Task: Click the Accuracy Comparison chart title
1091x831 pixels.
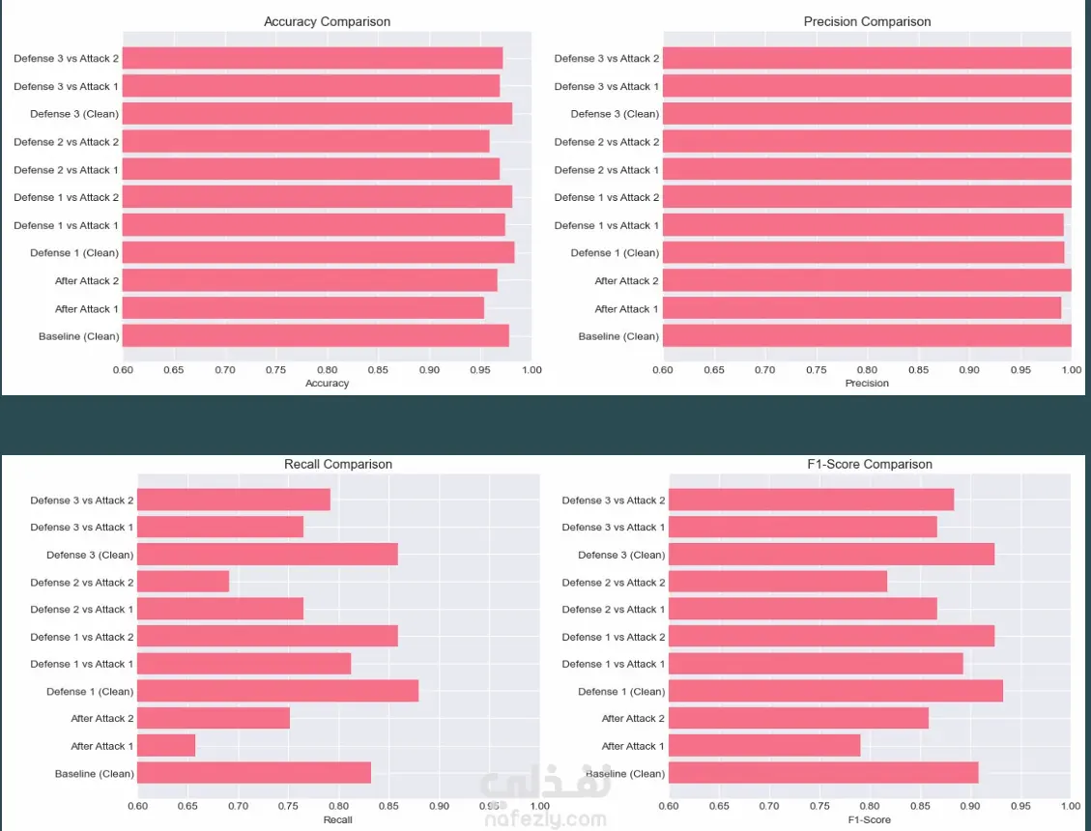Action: pos(327,21)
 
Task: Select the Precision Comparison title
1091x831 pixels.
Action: pos(867,21)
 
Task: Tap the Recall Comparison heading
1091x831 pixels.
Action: pos(338,464)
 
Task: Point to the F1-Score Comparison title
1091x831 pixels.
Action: pos(870,464)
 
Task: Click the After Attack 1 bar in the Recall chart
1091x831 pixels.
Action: pos(166,746)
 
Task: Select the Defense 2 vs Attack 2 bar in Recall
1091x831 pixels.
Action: pos(184,582)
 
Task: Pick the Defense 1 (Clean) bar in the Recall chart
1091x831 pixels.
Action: pos(277,691)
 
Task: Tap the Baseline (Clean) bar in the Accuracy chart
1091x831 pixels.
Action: pos(316,336)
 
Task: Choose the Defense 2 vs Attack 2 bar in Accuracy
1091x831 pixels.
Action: pos(306,142)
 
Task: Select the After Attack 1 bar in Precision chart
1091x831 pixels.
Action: pos(862,309)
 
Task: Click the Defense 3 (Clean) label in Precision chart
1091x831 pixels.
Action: pos(615,114)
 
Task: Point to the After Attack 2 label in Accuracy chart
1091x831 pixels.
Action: pos(87,281)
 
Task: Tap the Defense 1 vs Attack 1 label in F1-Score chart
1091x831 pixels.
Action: pos(614,664)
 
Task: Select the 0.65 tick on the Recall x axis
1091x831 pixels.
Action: pos(187,806)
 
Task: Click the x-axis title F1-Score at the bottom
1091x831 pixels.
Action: pos(869,820)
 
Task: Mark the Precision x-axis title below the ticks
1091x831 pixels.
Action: pos(867,384)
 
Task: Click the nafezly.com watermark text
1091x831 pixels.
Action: pos(543,819)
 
